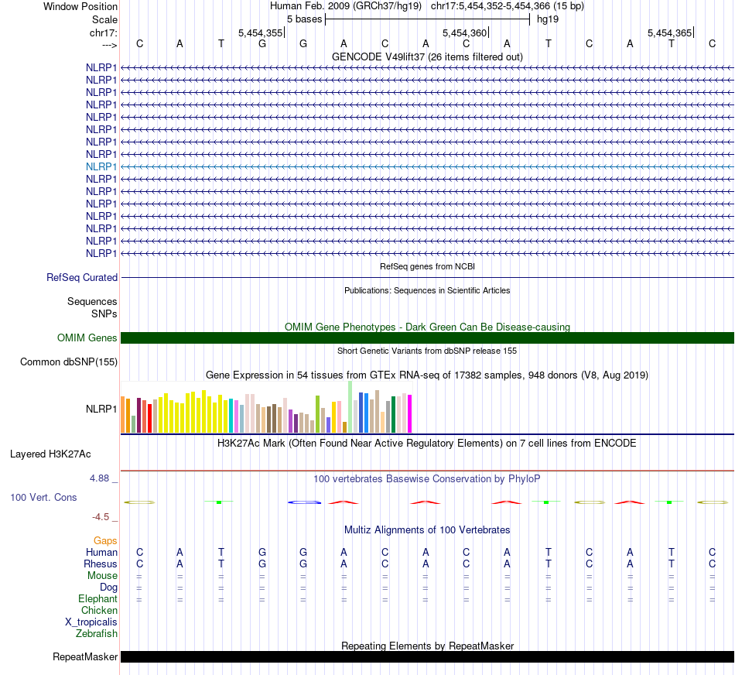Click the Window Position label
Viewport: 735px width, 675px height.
tap(80, 6)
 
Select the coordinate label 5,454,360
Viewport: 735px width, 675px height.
tap(464, 33)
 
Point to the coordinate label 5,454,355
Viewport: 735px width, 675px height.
tap(260, 33)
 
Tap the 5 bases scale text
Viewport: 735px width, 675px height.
tap(304, 19)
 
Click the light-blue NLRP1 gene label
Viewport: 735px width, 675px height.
tap(101, 166)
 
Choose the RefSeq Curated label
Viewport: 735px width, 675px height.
tap(82, 277)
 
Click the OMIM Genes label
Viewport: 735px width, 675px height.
tap(87, 337)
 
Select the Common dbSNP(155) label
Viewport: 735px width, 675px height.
tap(69, 361)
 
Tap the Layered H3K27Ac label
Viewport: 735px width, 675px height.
tap(50, 454)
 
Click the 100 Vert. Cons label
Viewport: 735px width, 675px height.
tap(43, 497)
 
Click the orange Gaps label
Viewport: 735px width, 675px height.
tap(106, 540)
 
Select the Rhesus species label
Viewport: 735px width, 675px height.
tap(101, 564)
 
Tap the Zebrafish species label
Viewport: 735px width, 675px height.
tap(97, 633)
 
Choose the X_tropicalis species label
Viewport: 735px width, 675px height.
tap(91, 622)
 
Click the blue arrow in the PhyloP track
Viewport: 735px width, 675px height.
tap(304, 502)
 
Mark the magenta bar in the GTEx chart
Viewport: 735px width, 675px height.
tap(409, 413)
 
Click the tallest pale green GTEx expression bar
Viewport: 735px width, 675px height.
tap(350, 406)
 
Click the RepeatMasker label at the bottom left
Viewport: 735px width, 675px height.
tap(85, 657)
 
